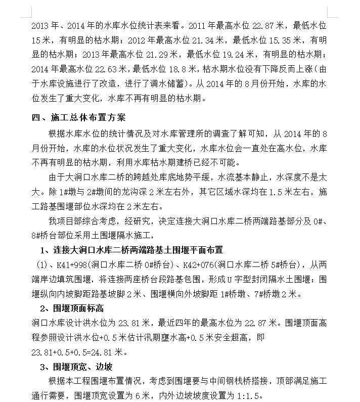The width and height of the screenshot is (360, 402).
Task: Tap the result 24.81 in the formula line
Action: click(x=102, y=352)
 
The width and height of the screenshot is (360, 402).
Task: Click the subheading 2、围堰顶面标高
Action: click(x=72, y=308)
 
